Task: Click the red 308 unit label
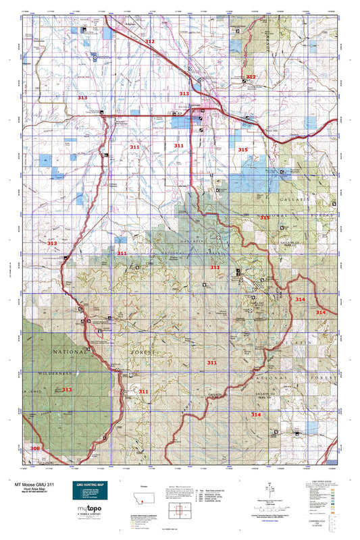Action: pos(35,448)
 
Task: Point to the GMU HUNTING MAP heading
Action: pos(89,485)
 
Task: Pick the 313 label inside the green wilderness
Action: pos(66,389)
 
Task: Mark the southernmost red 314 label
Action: pos(255,414)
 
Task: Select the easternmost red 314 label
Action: pos(320,312)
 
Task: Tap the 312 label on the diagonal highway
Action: pos(149,42)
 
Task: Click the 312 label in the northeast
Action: pos(251,77)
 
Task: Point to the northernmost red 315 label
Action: pos(242,149)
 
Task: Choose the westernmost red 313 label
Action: pos(52,243)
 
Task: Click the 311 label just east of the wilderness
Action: pos(143,391)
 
